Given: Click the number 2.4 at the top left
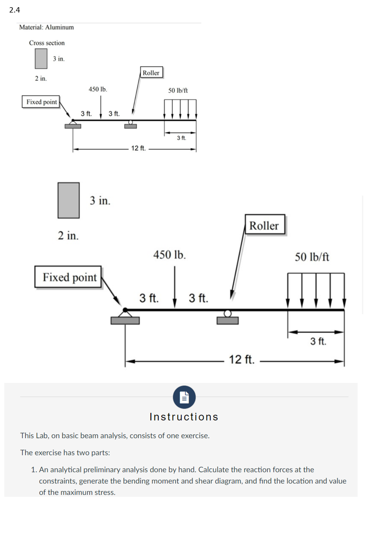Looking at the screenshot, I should coord(14,9).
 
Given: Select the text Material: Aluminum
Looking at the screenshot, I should coord(47,27).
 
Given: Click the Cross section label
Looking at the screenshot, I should coord(47,43).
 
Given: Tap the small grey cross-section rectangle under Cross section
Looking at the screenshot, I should coord(41,58).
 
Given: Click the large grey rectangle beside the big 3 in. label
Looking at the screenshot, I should coord(69,200).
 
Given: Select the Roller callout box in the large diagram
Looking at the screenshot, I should coord(264,225).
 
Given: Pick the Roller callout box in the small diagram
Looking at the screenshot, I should coord(151,73).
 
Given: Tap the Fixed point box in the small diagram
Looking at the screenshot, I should coord(42,102).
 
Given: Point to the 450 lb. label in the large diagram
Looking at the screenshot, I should coord(169,254).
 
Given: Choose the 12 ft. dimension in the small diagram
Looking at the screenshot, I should coord(138,148).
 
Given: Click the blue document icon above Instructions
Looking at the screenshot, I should coord(184,397).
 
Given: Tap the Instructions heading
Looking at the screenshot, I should coord(184,417).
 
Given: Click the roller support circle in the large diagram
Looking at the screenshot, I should coord(227,314).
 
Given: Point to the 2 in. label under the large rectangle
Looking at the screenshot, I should coord(69,235).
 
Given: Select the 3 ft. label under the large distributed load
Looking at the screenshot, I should coord(318,342).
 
